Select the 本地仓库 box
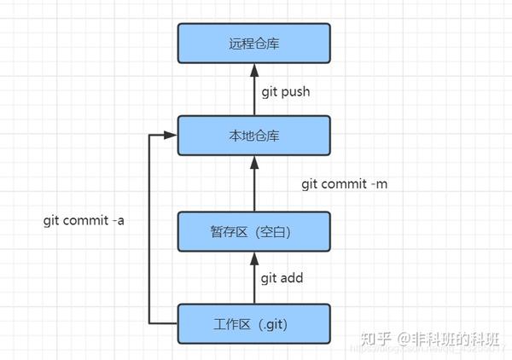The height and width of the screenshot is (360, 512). click(x=253, y=136)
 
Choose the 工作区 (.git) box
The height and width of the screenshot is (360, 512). click(x=253, y=323)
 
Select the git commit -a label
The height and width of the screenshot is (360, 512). click(x=84, y=220)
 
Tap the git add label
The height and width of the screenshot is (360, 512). click(x=282, y=277)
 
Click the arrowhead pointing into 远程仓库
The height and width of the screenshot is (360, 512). click(x=253, y=73)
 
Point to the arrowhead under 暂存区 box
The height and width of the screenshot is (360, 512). click(x=253, y=257)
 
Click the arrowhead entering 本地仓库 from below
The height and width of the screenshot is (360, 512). click(x=253, y=164)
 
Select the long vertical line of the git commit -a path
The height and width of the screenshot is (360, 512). click(x=149, y=230)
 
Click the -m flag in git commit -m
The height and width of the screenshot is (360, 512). click(x=380, y=183)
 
